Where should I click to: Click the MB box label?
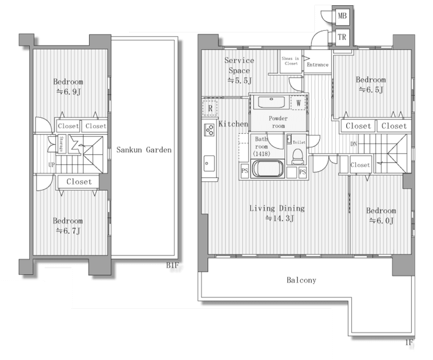pyautogui.click(x=342, y=16)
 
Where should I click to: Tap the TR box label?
pyautogui.click(x=342, y=37)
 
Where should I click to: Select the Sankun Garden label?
pyautogui.click(x=144, y=150)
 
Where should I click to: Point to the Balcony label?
pyautogui.click(x=301, y=280)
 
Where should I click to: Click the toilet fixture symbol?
pyautogui.click(x=297, y=155)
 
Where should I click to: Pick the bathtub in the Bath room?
pyautogui.click(x=268, y=169)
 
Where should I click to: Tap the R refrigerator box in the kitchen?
pyautogui.click(x=210, y=109)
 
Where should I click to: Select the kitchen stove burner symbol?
pyautogui.click(x=209, y=129)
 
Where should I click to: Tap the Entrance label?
pyautogui.click(x=317, y=65)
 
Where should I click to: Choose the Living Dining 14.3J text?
pyautogui.click(x=277, y=213)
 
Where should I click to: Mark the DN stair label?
pyautogui.click(x=354, y=143)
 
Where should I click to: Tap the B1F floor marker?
pyautogui.click(x=173, y=266)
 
